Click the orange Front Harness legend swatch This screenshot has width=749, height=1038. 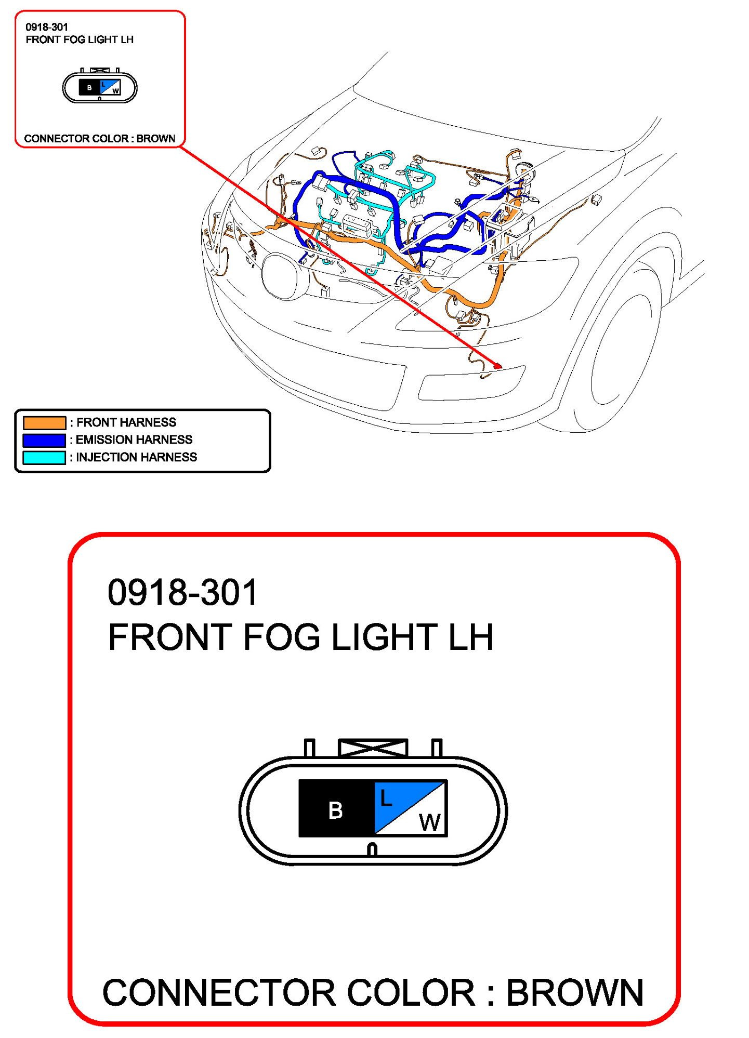click(45, 422)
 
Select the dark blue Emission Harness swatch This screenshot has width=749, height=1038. click(45, 440)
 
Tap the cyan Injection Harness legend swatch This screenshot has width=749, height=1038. click(45, 457)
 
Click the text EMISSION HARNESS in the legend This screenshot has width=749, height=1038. click(134, 440)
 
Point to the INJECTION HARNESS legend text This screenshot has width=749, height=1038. click(137, 457)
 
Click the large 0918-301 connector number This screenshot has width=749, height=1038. click(182, 592)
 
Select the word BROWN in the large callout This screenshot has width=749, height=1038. click(575, 992)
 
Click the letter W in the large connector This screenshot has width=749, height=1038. click(430, 822)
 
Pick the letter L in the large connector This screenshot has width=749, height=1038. click(386, 797)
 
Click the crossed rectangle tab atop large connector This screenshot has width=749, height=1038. click(373, 748)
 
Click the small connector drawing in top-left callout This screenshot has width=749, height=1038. click(100, 86)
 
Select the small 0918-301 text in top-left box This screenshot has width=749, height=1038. click(47, 27)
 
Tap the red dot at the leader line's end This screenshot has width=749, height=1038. click(497, 366)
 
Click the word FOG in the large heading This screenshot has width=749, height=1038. click(281, 637)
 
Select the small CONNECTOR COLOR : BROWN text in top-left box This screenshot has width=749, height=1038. click(100, 139)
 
